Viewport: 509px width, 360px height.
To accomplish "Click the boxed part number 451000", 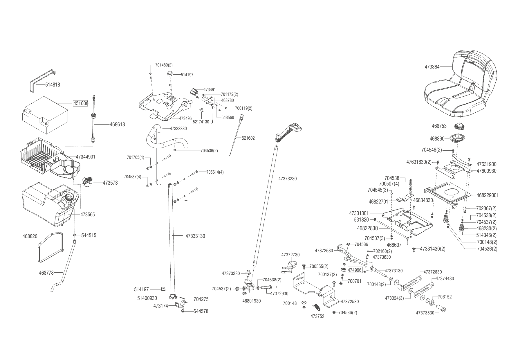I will tap(80, 103).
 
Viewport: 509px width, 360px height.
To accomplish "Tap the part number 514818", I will tap(53, 85).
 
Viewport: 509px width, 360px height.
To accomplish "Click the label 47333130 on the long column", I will tap(195, 236).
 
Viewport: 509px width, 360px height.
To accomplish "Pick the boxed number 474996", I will tap(355, 270).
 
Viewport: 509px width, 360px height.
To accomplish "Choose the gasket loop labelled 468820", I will tap(51, 247).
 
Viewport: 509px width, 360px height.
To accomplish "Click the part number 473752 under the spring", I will tap(317, 316).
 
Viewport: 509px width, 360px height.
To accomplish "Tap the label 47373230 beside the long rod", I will tap(287, 179).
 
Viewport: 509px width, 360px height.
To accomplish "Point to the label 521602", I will tap(248, 138).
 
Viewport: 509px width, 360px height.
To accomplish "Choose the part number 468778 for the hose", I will tap(46, 273).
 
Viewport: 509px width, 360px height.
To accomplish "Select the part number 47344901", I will tap(86, 157).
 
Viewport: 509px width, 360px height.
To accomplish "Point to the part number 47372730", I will tap(290, 255).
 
